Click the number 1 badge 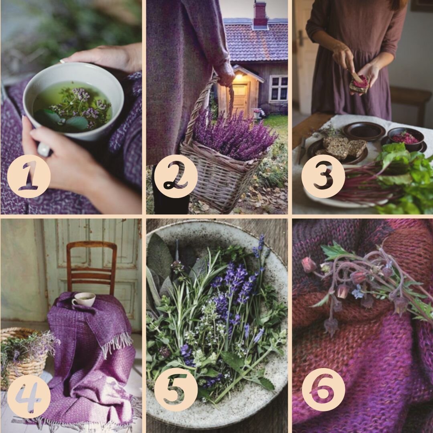pyautogui.click(x=29, y=176)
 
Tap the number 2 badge pyautogui.click(x=176, y=176)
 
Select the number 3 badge pyautogui.click(x=323, y=176)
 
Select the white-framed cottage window pyautogui.click(x=279, y=88)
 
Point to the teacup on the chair pyautogui.click(x=83, y=299)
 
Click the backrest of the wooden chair pyautogui.click(x=92, y=265)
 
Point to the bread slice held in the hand pyautogui.click(x=359, y=84)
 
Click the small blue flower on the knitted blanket pyautogui.click(x=358, y=292)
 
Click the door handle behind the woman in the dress pyautogui.click(x=301, y=37)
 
